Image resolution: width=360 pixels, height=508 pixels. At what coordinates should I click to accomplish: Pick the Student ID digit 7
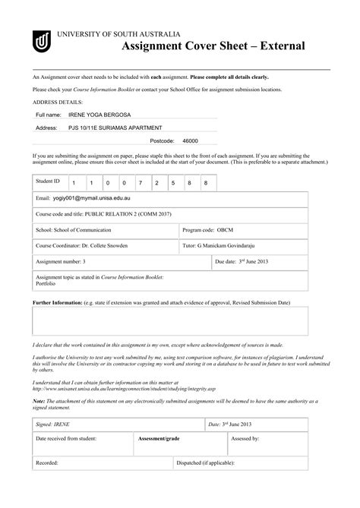(x=140, y=184)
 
